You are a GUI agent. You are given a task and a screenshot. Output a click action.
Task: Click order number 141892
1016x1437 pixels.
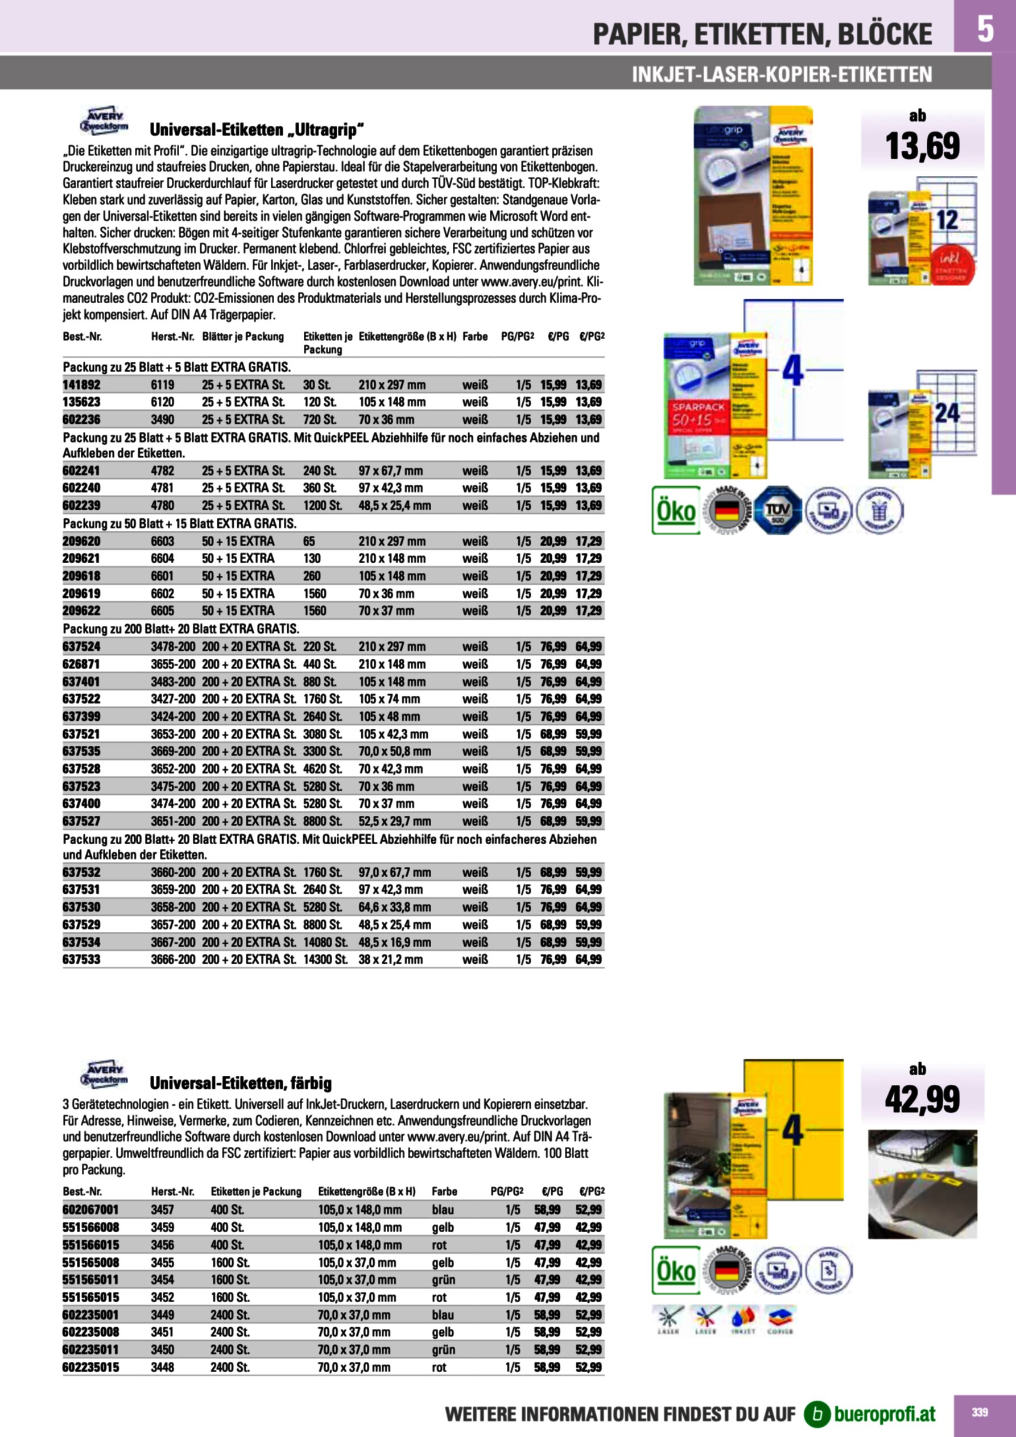pyautogui.click(x=81, y=385)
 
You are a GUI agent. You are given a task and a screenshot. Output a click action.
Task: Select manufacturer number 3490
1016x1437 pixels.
pyautogui.click(x=162, y=419)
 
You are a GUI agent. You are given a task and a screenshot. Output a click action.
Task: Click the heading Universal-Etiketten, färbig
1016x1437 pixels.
pyautogui.click(x=241, y=1083)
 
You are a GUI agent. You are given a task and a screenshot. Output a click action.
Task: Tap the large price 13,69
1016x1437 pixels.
pyautogui.click(x=922, y=146)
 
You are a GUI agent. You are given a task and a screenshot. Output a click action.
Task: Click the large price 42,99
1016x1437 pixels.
pyautogui.click(x=922, y=1100)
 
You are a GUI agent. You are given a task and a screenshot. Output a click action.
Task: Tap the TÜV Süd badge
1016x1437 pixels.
pyautogui.click(x=778, y=510)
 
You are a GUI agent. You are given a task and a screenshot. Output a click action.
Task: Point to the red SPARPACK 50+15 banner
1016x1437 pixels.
pyautogui.click(x=697, y=412)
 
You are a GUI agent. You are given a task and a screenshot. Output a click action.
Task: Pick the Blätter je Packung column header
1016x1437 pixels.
pyautogui.click(x=243, y=337)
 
